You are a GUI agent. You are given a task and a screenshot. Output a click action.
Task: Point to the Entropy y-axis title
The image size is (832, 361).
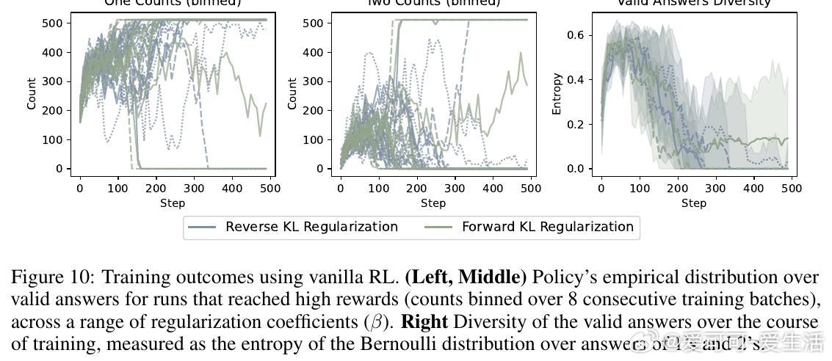[x=557, y=94]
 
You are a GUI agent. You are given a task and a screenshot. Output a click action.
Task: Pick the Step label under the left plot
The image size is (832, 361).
[x=173, y=203]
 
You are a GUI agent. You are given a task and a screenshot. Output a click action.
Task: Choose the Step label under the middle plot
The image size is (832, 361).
[x=433, y=203]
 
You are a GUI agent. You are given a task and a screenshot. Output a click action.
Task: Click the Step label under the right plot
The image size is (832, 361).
[x=694, y=203]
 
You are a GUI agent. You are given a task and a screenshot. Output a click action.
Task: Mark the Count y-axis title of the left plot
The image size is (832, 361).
[x=32, y=94]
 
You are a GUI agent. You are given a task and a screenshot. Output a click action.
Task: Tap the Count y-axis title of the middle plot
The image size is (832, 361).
[x=292, y=94]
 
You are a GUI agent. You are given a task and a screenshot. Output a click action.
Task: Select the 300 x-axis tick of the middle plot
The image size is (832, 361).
[x=455, y=189]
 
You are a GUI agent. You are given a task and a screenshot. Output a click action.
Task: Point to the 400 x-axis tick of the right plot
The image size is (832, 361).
[x=753, y=189]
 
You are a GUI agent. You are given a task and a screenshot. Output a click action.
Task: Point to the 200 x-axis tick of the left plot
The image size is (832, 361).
[x=156, y=189]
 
